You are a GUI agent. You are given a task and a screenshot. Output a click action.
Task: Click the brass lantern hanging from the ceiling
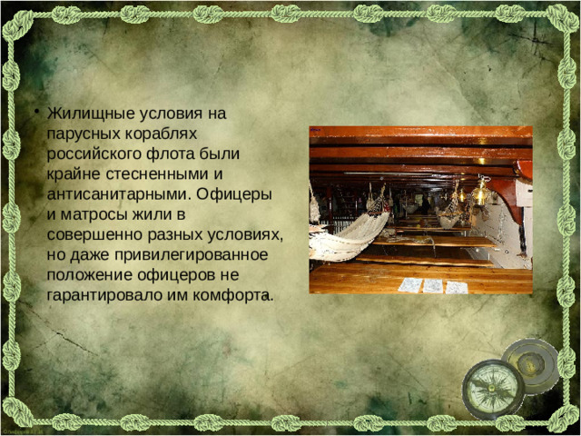point(478,193)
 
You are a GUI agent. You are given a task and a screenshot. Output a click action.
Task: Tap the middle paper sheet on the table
point(433,286)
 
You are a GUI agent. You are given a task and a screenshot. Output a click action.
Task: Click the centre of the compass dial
point(493,389)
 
